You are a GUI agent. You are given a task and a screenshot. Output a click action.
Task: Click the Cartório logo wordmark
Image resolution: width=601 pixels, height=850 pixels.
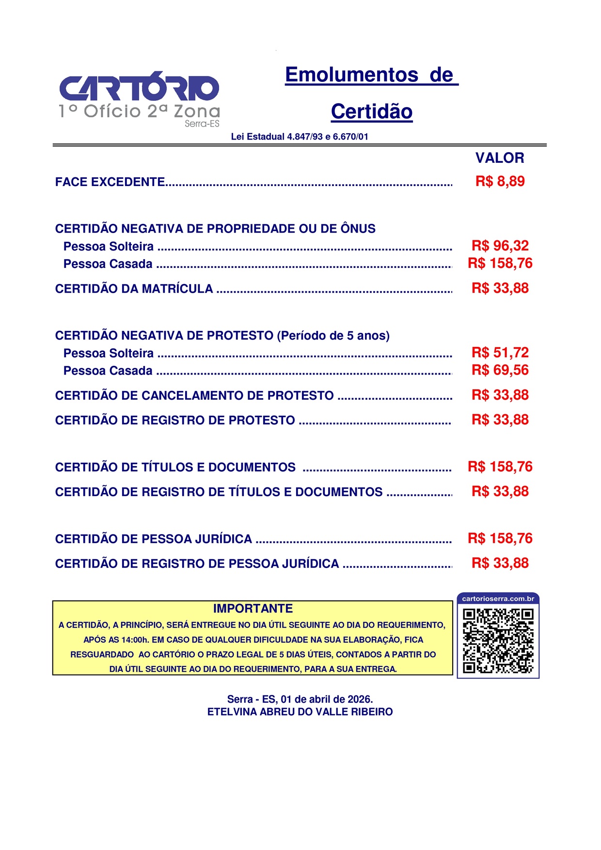[x=139, y=88]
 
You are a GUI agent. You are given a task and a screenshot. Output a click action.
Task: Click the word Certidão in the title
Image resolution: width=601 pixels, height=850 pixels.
[x=372, y=111]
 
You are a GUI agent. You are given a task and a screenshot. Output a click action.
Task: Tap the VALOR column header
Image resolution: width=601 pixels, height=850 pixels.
[x=500, y=158]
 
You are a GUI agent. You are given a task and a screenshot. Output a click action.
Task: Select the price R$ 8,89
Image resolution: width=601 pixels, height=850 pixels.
[x=500, y=182]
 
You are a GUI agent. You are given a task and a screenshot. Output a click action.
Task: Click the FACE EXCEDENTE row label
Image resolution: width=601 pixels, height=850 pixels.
[x=110, y=182]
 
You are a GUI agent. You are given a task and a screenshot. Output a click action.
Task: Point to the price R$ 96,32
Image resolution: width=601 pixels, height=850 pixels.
[x=500, y=246]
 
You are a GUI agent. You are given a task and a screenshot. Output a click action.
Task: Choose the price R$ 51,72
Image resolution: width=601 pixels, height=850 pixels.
[x=500, y=352]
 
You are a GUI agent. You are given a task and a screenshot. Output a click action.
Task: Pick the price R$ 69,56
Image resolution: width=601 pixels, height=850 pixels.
[x=500, y=370]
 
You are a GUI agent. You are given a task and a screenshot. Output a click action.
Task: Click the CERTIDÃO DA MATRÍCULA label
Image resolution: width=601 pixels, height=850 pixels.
[x=134, y=289]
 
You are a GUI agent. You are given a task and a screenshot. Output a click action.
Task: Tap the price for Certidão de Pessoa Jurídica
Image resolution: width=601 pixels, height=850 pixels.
[x=500, y=538]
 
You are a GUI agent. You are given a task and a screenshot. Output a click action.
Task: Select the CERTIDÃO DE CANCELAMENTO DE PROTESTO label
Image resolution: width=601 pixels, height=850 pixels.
[x=194, y=396]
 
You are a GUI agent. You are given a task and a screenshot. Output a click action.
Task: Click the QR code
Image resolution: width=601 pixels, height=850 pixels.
[x=498, y=641]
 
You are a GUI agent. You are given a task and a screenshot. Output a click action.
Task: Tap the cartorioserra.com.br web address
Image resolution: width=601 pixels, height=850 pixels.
[x=498, y=599]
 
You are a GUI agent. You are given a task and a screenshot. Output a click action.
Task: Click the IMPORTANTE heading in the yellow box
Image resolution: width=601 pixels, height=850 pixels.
[x=253, y=609]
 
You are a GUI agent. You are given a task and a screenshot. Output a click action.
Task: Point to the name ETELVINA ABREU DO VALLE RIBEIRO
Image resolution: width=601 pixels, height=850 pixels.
[x=300, y=712]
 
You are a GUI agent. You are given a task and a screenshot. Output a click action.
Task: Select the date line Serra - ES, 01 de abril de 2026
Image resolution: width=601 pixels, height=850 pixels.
[x=300, y=699]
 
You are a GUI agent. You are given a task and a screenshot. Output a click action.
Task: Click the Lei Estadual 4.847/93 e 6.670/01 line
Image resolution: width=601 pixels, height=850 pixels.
[x=300, y=137]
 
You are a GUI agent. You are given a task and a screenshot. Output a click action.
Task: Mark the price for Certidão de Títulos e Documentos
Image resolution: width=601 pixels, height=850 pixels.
[x=500, y=467]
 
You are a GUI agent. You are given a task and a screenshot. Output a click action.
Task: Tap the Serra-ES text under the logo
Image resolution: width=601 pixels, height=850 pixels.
[x=202, y=124]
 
